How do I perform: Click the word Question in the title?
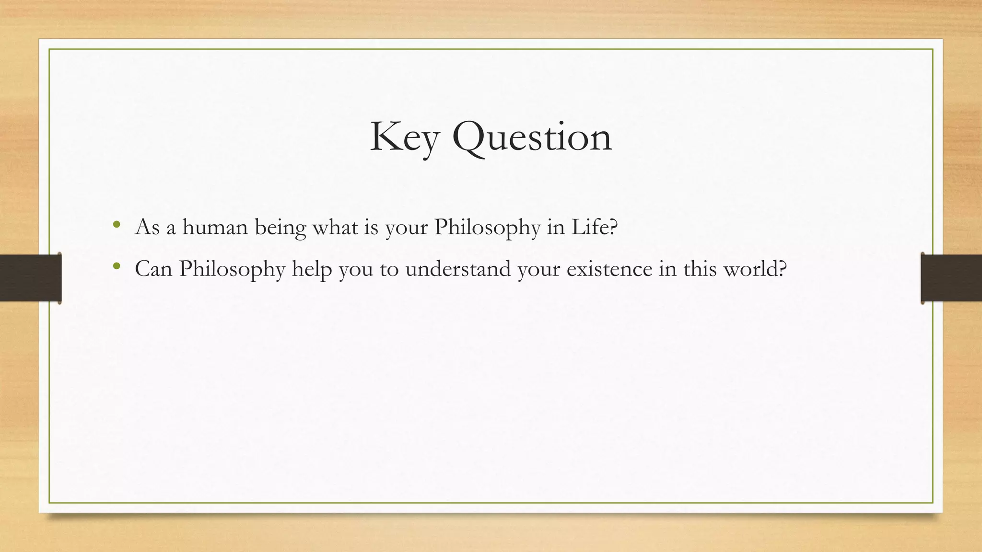[532, 138]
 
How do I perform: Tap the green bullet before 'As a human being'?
[116, 224]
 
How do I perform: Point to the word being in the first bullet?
[280, 228]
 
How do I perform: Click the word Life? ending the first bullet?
[594, 227]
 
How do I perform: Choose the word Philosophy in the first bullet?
[487, 228]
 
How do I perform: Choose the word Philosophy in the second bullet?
[232, 269]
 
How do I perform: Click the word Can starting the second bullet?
[153, 269]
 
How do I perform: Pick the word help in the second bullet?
[312, 269]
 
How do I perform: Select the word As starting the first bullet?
[147, 227]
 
